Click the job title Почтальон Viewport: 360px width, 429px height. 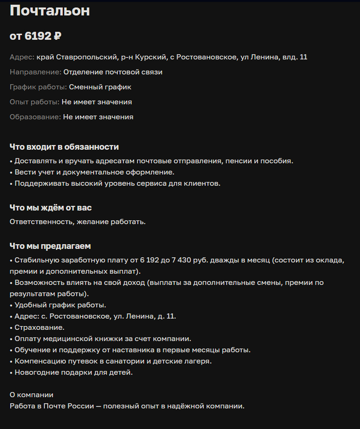point(50,11)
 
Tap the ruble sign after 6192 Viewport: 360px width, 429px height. point(57,36)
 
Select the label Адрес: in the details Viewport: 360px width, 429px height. point(22,57)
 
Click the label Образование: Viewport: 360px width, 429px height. point(35,117)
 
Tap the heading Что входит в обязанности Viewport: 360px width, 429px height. point(64,147)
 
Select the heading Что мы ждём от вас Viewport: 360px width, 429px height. point(50,208)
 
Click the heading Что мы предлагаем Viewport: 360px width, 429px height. point(50,246)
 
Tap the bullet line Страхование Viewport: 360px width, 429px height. point(39,327)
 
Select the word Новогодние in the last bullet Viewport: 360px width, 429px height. point(36,372)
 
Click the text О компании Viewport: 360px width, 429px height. point(31,395)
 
